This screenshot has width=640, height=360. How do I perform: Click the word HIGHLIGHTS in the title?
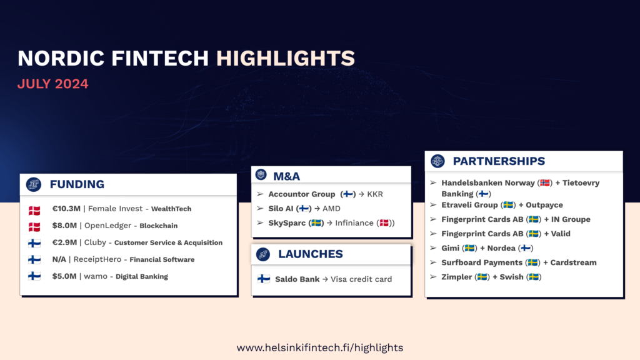coord(285,58)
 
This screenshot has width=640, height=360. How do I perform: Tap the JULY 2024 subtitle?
coord(52,84)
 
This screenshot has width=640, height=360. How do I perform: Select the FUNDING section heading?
coord(77,184)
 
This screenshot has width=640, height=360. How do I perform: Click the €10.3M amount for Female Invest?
coord(66,209)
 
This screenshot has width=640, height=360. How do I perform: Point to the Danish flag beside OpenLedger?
coord(34,226)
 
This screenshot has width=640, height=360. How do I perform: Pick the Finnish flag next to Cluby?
coord(34,243)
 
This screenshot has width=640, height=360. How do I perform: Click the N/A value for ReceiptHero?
coord(59,259)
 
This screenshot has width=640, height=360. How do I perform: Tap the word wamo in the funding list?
coord(96,276)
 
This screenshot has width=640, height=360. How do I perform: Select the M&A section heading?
coord(286,176)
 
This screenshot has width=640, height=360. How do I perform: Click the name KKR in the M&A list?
coord(375,194)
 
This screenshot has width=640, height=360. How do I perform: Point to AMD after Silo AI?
coord(331,209)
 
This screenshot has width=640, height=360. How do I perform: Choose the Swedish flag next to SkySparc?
coord(316,223)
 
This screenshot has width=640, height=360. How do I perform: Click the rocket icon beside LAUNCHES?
coord(263,254)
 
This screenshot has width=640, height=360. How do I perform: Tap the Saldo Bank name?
coord(297,279)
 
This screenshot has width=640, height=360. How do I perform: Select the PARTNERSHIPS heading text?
coord(499,161)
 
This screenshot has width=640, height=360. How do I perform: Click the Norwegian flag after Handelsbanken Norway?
coord(544,183)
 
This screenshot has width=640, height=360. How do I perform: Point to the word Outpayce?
coord(544,205)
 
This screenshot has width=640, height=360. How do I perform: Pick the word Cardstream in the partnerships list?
coord(574,262)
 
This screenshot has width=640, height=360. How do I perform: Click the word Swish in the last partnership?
coord(511,277)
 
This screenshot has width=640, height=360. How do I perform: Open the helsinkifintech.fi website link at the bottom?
coord(320,347)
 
